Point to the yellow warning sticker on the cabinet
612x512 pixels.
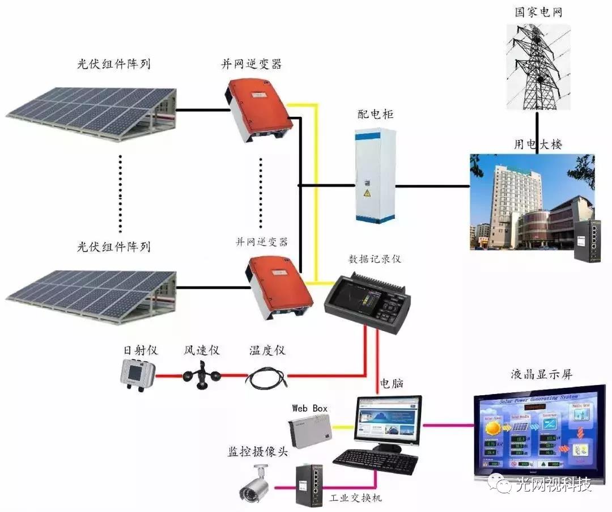click(367, 194)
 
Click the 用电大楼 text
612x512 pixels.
click(538, 144)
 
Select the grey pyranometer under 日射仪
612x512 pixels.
click(138, 374)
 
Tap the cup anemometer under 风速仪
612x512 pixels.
click(199, 375)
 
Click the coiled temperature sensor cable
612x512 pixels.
click(266, 377)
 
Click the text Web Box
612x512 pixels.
click(309, 408)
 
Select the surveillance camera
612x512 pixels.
click(255, 484)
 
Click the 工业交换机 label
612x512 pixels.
click(356, 497)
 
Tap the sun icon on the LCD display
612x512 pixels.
click(492, 429)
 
